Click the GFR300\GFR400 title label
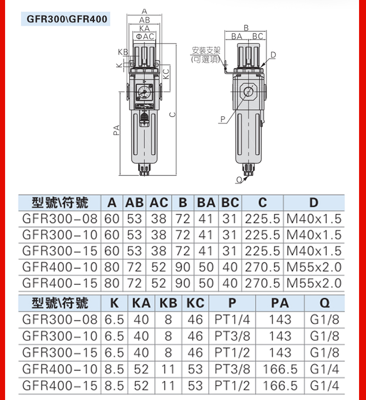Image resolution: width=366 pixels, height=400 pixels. tap(67, 19)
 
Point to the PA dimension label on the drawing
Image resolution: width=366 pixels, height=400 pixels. tap(116, 130)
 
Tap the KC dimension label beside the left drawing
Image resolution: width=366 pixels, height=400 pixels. tap(166, 74)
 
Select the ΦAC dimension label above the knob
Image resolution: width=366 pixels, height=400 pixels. tap(145, 37)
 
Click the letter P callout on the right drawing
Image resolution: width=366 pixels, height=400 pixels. tap(223, 119)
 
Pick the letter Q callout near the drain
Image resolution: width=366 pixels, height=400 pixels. tap(239, 180)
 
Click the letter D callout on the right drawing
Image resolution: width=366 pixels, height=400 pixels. tap(273, 55)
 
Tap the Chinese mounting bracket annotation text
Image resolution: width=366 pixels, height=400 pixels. tap(206, 55)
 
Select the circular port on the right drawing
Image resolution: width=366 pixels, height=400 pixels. tap(248, 92)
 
